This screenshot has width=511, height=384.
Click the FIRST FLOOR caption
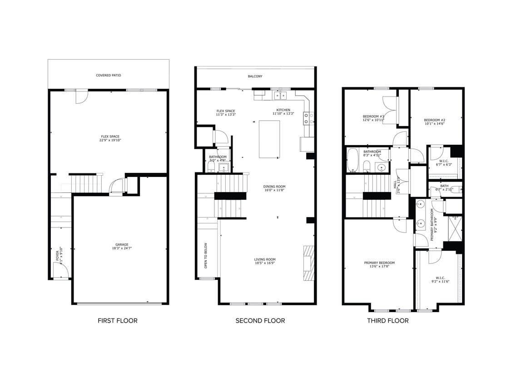pos(117,321)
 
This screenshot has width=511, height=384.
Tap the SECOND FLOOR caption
pos(260,321)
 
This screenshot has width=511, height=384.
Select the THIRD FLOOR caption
pos(387,321)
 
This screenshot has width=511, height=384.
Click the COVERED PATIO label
pos(109,76)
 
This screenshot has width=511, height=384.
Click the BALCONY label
pos(255,76)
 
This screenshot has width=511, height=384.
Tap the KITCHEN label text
pos(283,110)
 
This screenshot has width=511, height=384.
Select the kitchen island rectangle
pos(269,139)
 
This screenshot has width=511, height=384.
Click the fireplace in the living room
pos(309,263)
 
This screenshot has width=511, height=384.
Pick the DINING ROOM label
pos(274,187)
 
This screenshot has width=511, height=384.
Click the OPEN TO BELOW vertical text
pos(206,255)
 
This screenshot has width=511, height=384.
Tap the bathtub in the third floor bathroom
pos(353,160)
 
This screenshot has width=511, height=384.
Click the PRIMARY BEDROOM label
pos(379,263)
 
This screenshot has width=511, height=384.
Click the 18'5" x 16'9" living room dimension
pos(264,263)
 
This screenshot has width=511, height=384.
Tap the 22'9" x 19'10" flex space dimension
pos(110,140)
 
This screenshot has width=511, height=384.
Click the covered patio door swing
pos(81,96)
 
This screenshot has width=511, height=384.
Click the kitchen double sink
pos(280,95)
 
